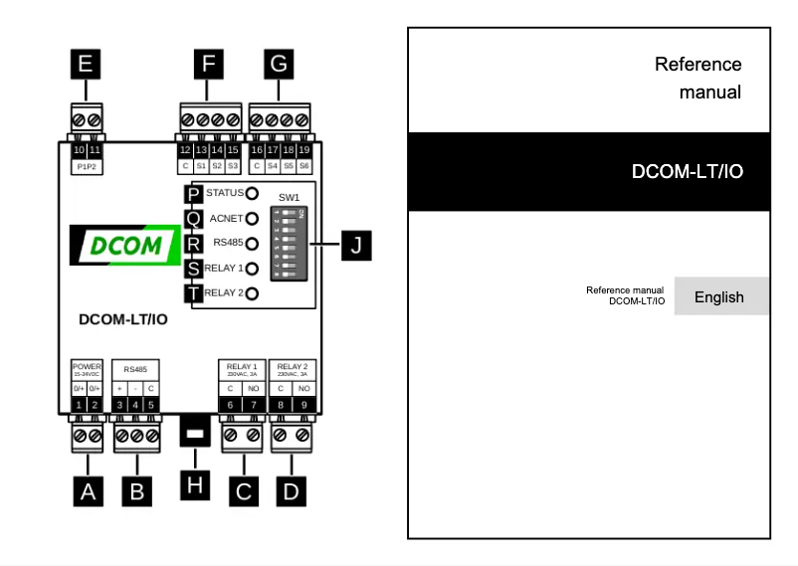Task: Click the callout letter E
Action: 86,66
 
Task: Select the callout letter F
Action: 207,66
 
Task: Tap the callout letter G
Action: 279,66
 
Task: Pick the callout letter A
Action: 89,490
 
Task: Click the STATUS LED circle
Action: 253,193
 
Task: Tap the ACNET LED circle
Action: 253,218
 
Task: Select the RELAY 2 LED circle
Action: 253,293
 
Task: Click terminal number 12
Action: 185,149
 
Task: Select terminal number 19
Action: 304,149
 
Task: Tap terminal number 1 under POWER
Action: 80,405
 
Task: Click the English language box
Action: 719,296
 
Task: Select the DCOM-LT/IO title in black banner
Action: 688,171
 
